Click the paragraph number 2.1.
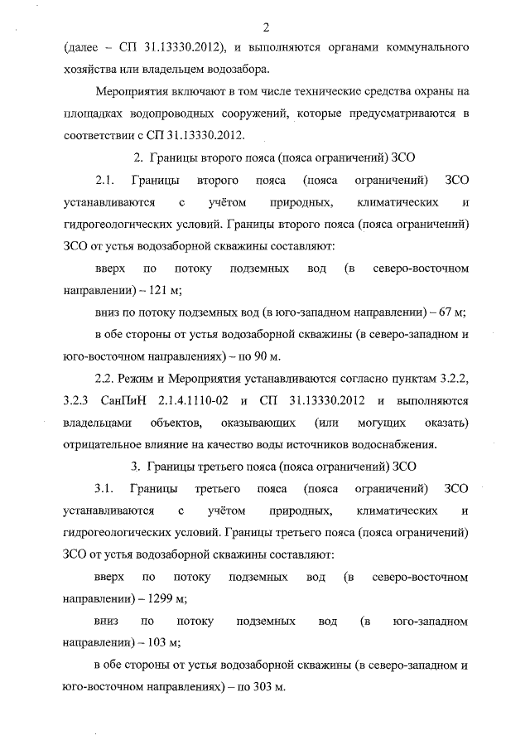[x=104, y=180]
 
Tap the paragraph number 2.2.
[x=104, y=379]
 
